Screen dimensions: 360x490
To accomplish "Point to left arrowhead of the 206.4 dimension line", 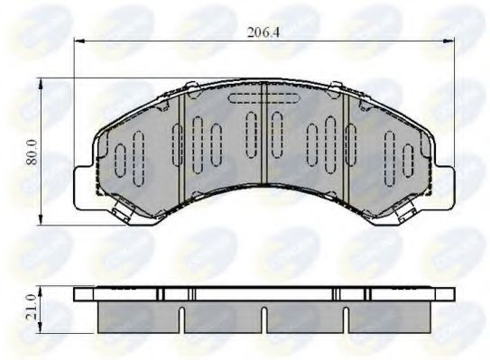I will coord(78,42).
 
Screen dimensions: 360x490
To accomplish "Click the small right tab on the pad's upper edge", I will coord(335,87).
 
